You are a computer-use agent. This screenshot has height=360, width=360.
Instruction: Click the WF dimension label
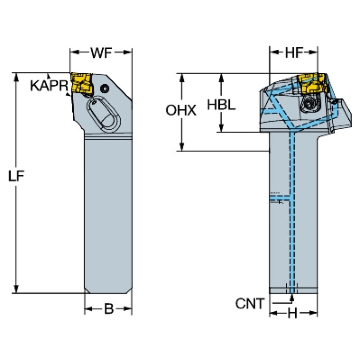tap(101, 53)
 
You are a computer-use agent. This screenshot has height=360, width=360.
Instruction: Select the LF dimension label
tap(16, 176)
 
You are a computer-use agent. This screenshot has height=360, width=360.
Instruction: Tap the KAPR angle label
tap(49, 85)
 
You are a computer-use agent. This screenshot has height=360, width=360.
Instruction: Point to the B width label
tap(109, 309)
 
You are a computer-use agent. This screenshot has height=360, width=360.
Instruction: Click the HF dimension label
tap(294, 53)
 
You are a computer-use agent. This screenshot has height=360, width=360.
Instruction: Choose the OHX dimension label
tap(181, 110)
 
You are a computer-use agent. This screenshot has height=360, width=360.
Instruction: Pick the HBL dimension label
tap(222, 105)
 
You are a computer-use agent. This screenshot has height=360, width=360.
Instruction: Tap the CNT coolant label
tap(250, 304)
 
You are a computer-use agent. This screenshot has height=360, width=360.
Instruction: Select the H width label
tap(292, 313)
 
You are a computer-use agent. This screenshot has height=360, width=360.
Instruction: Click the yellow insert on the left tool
tap(82, 83)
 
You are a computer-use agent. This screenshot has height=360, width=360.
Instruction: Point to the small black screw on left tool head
tap(105, 88)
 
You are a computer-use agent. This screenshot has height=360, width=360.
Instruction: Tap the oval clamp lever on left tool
tap(104, 114)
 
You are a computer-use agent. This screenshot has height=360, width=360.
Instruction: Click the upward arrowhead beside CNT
tap(292, 298)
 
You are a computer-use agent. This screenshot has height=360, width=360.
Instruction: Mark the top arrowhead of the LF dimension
tap(16, 77)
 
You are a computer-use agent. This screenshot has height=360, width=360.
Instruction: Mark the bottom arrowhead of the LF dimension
tap(16, 289)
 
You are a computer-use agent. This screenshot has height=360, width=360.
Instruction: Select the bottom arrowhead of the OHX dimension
tap(182, 147)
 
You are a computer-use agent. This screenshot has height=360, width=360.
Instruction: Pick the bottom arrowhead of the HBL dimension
tap(222, 128)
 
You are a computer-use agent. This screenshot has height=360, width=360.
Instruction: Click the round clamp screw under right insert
tap(308, 104)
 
